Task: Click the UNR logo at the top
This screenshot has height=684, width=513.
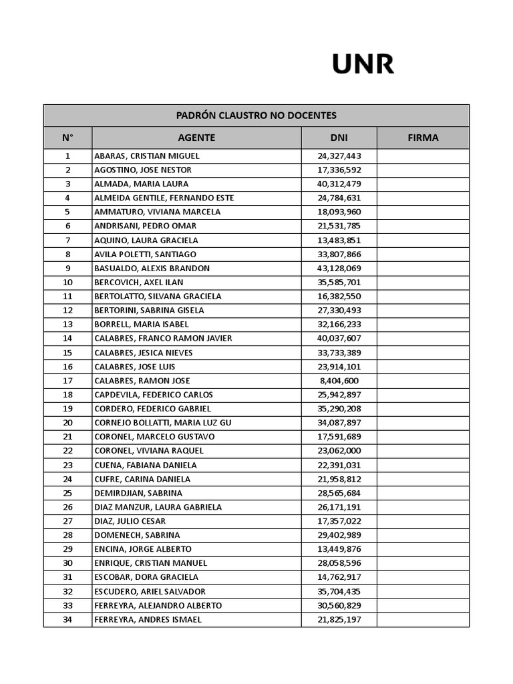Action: click(x=363, y=64)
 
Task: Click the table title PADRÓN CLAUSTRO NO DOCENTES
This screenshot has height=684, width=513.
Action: click(x=256, y=116)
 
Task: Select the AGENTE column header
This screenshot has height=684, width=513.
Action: click(x=196, y=138)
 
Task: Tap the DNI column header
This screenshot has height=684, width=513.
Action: click(x=339, y=138)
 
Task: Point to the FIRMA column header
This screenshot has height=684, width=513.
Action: click(x=423, y=138)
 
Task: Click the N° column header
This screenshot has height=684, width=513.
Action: click(x=67, y=138)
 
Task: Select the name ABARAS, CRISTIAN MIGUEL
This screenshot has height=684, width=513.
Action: click(x=147, y=156)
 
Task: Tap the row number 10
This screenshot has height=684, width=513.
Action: click(x=67, y=282)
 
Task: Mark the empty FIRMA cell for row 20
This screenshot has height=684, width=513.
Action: click(x=423, y=423)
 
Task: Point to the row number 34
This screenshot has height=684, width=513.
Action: click(x=67, y=619)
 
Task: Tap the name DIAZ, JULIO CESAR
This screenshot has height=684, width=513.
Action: click(x=130, y=521)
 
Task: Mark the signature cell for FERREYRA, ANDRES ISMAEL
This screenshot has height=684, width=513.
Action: click(x=423, y=619)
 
